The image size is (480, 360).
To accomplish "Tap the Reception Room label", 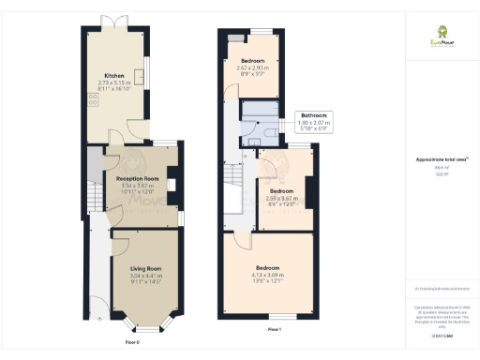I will [x=137, y=178].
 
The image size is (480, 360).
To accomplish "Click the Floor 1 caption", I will [x=274, y=331].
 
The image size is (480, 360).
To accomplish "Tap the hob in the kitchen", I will [x=94, y=97].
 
